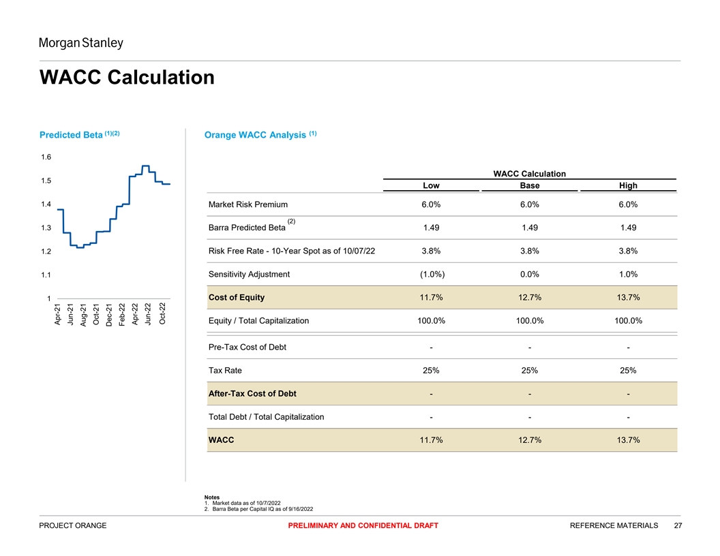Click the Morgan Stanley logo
[x=81, y=44]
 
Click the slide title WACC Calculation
[x=127, y=77]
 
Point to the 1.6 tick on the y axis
[x=46, y=157]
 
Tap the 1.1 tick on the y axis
[x=46, y=275]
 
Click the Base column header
[x=530, y=185]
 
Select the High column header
[x=628, y=185]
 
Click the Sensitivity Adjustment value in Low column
[x=431, y=275]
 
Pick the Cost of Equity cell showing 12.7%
[x=530, y=298]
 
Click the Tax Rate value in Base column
[x=530, y=371]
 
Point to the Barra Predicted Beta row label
[x=247, y=228]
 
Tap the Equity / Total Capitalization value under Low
[x=431, y=321]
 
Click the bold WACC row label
[x=221, y=440]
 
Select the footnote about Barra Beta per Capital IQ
[x=262, y=509]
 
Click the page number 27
[x=678, y=525]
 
